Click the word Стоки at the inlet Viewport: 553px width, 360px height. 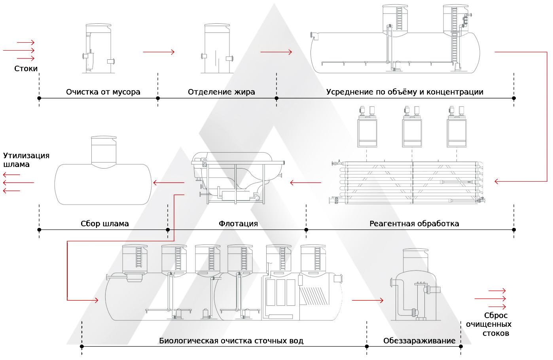tap(26, 69)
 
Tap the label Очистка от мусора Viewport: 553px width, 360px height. tap(103, 92)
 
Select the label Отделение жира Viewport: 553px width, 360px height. tap(221, 92)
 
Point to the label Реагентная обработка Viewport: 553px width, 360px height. tap(414, 224)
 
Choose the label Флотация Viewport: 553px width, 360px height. tap(238, 224)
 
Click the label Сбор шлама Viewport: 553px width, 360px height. tap(104, 224)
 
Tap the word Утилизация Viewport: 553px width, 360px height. tap(26, 155)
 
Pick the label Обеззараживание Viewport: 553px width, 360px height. tap(419, 341)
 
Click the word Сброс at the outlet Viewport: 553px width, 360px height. tap(496, 315)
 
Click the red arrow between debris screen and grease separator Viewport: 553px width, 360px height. tap(159, 52)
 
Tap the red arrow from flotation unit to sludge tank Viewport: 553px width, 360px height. tap(169, 183)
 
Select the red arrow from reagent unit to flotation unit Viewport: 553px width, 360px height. tap(305, 183)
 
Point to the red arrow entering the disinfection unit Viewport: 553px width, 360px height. tap(367, 300)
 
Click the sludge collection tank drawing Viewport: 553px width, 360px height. tap(103, 182)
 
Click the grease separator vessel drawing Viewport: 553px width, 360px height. tap(217, 49)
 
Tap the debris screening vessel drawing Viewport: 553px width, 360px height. tap(98, 49)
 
